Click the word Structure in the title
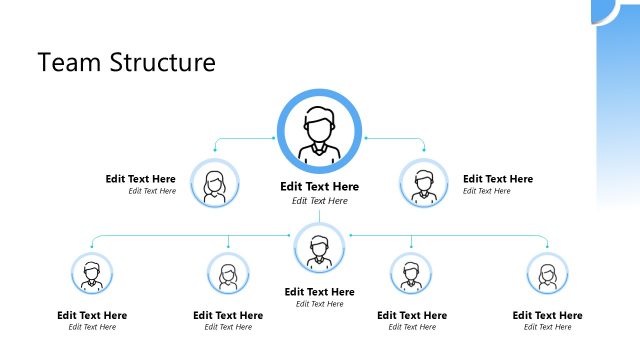(160, 62)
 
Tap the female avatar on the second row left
(214, 185)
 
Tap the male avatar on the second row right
(424, 185)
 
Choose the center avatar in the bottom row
(319, 248)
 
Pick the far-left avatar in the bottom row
(92, 273)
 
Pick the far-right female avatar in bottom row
(547, 273)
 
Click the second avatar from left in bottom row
(228, 273)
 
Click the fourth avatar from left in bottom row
(411, 273)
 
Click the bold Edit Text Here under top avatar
(319, 187)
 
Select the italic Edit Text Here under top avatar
(319, 201)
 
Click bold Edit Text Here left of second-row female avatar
(141, 179)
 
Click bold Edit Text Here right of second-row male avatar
(498, 179)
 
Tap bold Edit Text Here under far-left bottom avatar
(92, 315)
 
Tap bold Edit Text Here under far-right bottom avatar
(547, 315)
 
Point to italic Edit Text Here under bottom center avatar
(319, 304)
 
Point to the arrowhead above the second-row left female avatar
(214, 151)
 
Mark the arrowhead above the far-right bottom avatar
(547, 247)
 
